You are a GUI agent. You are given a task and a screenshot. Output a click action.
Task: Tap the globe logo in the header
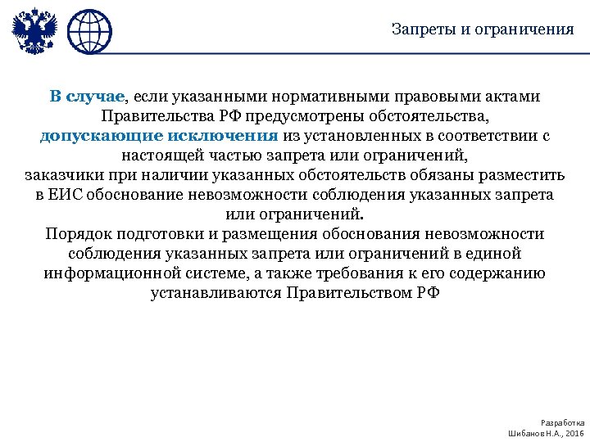[x=89, y=33]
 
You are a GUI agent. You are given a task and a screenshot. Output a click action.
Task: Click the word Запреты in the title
[x=420, y=30]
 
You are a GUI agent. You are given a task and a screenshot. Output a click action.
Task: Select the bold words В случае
[x=86, y=97]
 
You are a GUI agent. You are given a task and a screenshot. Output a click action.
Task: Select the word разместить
[x=522, y=175]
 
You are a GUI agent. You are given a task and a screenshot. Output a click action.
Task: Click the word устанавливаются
[x=216, y=293]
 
